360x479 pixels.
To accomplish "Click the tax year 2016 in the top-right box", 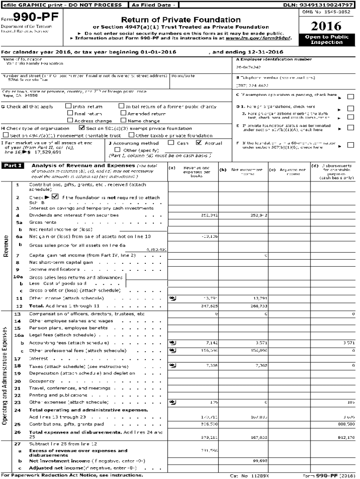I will click(326, 26).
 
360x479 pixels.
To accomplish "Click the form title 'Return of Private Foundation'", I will click(181, 20).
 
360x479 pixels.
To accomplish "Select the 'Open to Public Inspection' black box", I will click(326, 39).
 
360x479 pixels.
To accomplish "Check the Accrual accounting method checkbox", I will click(200, 143).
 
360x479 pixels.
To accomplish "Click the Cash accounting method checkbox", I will click(171, 143).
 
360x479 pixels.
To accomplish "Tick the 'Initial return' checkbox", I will click(69, 107).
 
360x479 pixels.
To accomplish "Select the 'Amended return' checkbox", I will click(123, 113).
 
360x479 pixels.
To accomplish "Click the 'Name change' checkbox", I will click(123, 120).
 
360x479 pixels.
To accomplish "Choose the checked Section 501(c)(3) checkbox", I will click(82, 128).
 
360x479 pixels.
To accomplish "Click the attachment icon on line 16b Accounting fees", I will click(173, 343).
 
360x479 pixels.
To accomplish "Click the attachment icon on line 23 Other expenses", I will click(173, 402).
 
